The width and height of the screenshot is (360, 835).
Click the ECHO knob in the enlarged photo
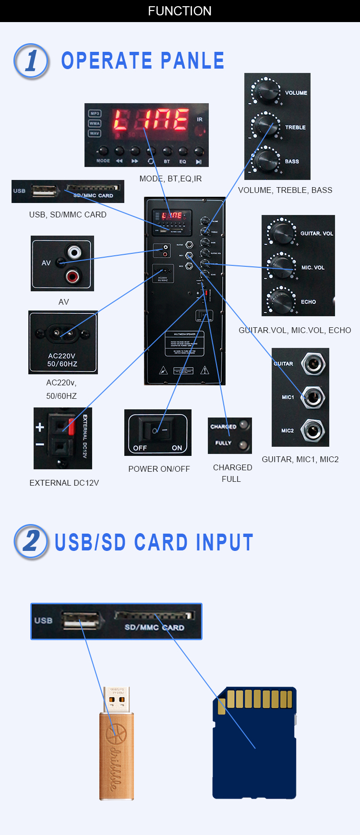point(282,300)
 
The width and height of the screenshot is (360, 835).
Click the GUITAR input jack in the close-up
point(313,363)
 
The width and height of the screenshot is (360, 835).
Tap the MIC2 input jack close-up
point(313,430)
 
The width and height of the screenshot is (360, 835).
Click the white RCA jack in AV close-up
point(74,252)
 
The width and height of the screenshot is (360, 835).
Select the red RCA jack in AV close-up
point(73,275)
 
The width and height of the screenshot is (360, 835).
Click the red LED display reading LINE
point(151,120)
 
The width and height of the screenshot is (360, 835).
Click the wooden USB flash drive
point(116,749)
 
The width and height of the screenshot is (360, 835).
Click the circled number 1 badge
point(31,61)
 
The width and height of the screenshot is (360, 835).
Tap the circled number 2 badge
point(31,541)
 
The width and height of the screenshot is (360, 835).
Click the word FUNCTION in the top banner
point(180,11)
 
